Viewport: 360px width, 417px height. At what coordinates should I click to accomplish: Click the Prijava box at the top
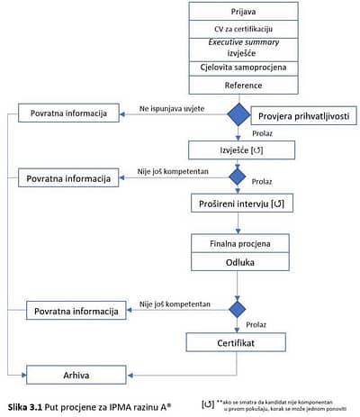[x=243, y=12]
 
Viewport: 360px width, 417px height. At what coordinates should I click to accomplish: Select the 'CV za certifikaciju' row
[x=243, y=29]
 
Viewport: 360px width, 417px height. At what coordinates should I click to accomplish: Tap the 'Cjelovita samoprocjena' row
[x=243, y=68]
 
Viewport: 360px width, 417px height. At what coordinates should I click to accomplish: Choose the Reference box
[x=243, y=86]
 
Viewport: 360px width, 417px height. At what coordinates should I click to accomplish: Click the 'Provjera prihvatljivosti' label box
[x=303, y=116]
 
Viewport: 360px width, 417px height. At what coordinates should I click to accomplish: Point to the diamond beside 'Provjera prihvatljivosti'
[x=238, y=114]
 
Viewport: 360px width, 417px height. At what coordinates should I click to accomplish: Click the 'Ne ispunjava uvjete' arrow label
[x=172, y=109]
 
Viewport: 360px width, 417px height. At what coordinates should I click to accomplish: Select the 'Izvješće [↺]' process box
[x=241, y=150]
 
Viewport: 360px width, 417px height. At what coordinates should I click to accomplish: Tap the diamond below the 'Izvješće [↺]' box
[x=238, y=177]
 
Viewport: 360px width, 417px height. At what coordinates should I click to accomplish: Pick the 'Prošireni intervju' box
[x=242, y=204]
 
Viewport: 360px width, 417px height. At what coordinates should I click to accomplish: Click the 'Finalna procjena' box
[x=240, y=243]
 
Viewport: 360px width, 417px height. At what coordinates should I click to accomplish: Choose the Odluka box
[x=240, y=262]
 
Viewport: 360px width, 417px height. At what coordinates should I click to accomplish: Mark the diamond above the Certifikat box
[x=238, y=309]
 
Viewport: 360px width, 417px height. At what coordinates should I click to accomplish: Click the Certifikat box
[x=236, y=342]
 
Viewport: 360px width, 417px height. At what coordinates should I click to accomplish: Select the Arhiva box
[x=76, y=375]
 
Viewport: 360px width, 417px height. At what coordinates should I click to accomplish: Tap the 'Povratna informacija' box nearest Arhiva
[x=76, y=311]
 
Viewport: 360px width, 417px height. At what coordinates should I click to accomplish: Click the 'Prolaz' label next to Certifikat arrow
[x=256, y=324]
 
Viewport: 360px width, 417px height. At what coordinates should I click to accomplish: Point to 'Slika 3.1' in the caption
[x=25, y=407]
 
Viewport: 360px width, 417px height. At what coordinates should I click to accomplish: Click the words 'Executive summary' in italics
[x=244, y=42]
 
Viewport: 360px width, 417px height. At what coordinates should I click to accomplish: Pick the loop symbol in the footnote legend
[x=208, y=404]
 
